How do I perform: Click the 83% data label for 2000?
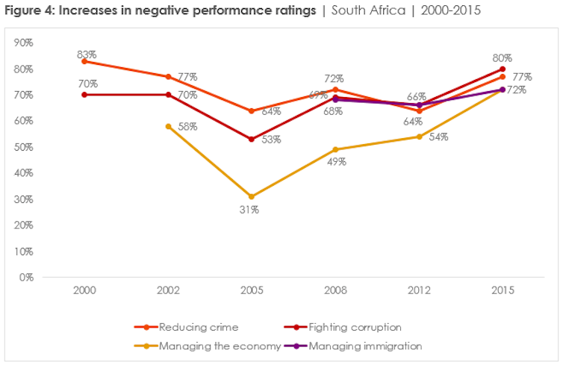pos(87,54)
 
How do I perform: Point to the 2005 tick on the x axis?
pos(252,291)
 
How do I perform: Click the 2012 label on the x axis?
pos(420,291)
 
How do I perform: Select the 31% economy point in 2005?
pos(252,196)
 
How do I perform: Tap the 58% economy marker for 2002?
pos(169,126)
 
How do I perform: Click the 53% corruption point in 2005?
pos(252,139)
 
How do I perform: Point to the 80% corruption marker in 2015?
pos(503,69)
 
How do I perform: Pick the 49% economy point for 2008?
pos(336,149)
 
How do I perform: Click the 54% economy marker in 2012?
pos(420,137)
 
